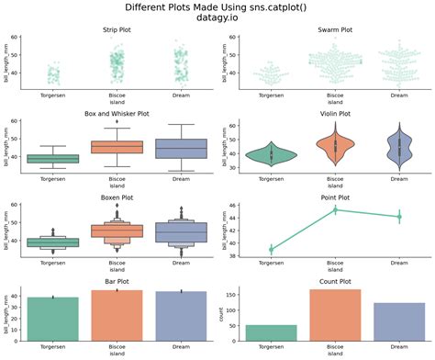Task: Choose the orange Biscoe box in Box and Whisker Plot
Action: [x=116, y=147]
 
